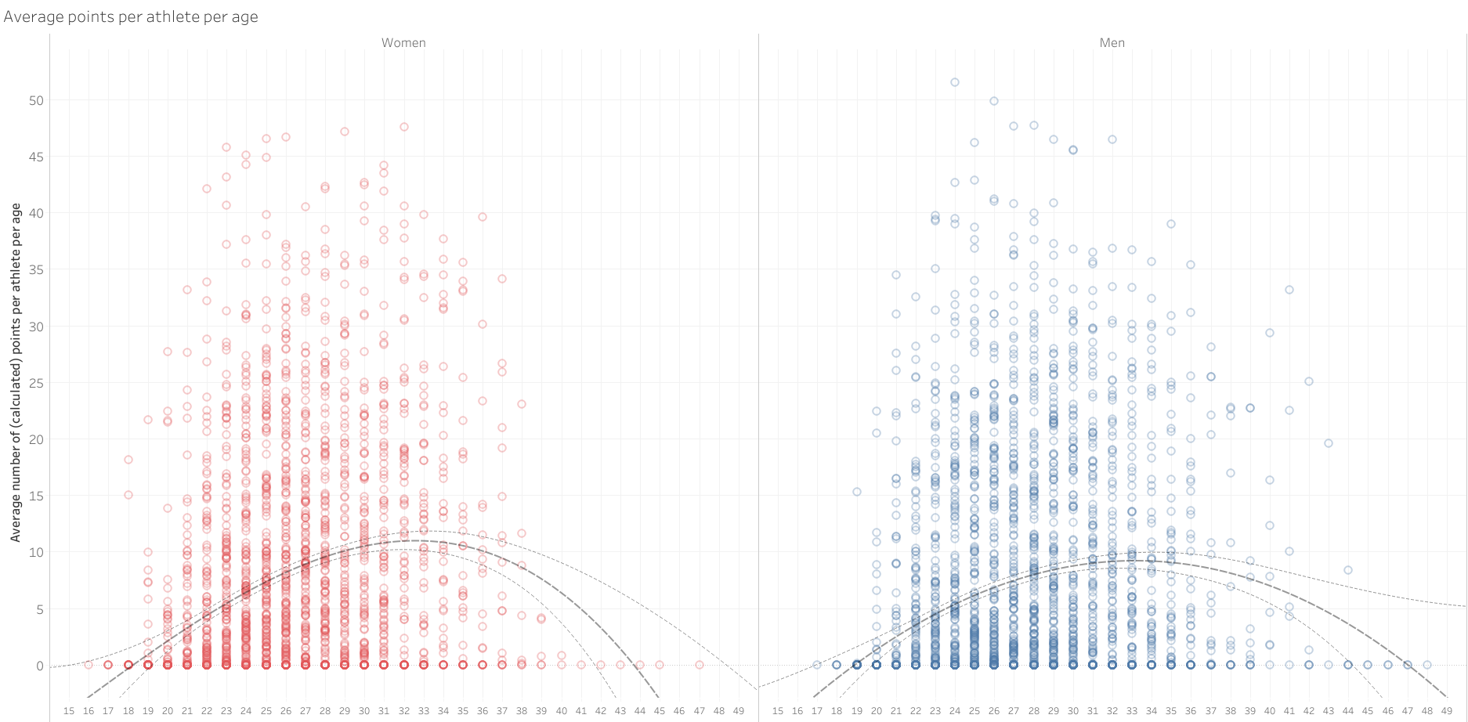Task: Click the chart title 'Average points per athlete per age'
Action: [x=131, y=16]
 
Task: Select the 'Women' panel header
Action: [x=403, y=43]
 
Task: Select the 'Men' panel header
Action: [x=1112, y=43]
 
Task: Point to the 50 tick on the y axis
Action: [x=36, y=100]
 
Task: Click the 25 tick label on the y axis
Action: [x=36, y=383]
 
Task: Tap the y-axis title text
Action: [x=16, y=372]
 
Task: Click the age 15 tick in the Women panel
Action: [x=69, y=711]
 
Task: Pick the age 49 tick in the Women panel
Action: [x=739, y=711]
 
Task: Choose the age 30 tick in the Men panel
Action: [x=1073, y=711]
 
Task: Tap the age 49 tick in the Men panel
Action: [x=1447, y=711]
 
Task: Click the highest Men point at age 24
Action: [x=955, y=82]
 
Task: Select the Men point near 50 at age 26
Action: [x=994, y=101]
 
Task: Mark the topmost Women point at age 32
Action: [x=404, y=127]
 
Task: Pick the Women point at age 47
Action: [x=700, y=665]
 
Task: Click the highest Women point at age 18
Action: [x=128, y=460]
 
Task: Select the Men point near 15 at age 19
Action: [x=857, y=492]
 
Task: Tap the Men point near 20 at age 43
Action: [x=1329, y=443]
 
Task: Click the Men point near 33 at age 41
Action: [x=1289, y=290]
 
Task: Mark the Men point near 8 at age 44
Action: [x=1348, y=570]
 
